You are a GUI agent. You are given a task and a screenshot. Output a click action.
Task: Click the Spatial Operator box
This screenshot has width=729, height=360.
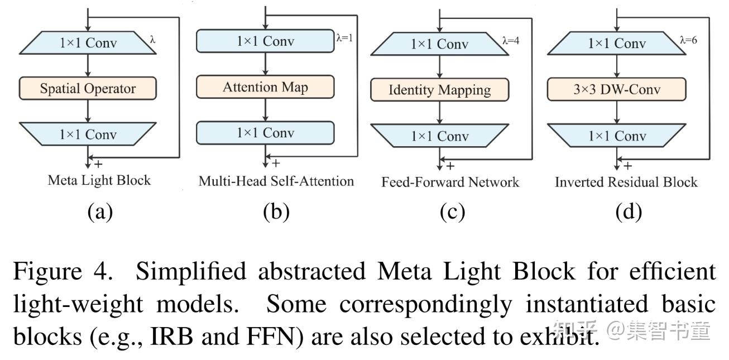coord(88,88)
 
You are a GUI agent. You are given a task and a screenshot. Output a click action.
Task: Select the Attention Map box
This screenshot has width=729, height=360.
coord(265,87)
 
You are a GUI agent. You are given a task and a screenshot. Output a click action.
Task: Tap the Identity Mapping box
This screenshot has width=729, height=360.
coord(440,90)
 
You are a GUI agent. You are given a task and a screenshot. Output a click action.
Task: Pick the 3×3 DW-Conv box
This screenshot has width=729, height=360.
coord(616,89)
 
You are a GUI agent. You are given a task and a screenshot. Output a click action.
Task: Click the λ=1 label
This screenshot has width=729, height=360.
coord(344,38)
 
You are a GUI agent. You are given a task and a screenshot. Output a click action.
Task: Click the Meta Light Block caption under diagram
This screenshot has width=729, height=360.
coord(99,180)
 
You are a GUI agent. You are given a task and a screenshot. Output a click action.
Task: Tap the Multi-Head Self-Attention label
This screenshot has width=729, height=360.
coord(276,181)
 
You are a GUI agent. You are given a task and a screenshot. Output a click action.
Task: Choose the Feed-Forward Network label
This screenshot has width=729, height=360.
coord(450,182)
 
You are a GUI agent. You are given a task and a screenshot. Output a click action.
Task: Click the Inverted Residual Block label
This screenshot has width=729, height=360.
coord(626,182)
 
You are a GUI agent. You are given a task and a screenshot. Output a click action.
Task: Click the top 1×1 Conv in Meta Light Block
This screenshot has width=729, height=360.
coord(88,43)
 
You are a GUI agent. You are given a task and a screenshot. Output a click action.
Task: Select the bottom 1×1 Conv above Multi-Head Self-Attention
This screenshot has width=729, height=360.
coord(265,133)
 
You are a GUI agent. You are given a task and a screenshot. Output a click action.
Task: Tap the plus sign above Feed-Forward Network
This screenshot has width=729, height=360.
coord(450,166)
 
